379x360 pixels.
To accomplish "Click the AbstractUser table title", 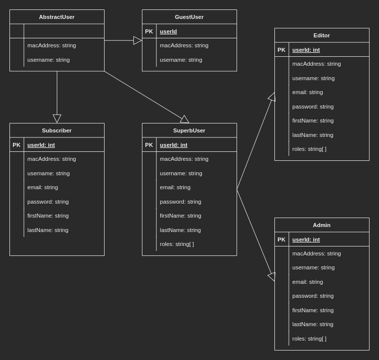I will [57, 17].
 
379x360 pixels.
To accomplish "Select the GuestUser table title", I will [189, 17].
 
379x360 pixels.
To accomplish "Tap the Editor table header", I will [322, 35].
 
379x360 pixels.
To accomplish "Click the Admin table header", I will [322, 225].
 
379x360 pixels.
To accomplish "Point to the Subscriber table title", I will [57, 130].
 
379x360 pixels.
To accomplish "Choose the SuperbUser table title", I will [189, 130].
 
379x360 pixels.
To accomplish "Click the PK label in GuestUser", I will [149, 31].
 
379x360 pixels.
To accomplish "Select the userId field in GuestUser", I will [168, 31].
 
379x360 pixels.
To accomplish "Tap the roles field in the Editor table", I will [309, 149].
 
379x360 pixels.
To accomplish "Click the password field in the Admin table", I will [313, 296].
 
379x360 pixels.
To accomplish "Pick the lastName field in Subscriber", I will [48, 230].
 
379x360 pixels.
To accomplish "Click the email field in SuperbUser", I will [175, 187].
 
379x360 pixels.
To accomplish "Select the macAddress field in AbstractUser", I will [52, 45].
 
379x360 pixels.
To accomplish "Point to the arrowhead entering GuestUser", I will [138, 40].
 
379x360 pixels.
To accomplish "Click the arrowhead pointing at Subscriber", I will [57, 119].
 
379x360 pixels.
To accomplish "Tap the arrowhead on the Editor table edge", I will [272, 97].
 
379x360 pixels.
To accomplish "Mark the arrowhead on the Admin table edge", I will [272, 276].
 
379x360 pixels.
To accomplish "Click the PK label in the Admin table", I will [281, 240].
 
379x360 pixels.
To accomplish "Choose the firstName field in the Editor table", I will [313, 120].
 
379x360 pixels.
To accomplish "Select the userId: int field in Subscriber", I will [41, 145].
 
